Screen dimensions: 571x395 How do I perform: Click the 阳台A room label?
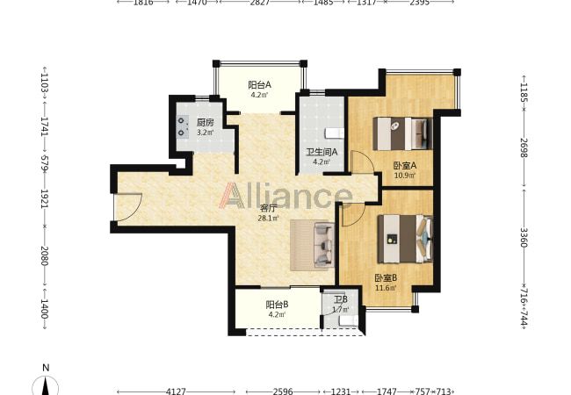[x=260, y=85]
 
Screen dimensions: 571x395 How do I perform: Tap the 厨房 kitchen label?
[x=205, y=123]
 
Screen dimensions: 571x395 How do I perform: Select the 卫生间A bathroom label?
[x=322, y=152]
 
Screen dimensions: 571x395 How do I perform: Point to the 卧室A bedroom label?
[x=405, y=166]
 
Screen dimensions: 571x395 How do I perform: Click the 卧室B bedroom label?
[x=386, y=278]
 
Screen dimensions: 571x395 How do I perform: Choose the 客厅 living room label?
[x=269, y=209]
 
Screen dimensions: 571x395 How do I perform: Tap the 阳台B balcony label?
[x=277, y=305]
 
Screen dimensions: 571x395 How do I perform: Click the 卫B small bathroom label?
[x=341, y=299]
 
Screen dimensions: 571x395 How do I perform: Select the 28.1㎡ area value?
[x=269, y=219]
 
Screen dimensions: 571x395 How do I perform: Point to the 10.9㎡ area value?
[x=405, y=176]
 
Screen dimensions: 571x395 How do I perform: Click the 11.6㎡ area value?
[x=386, y=288]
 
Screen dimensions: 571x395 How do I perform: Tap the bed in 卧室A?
[x=403, y=133]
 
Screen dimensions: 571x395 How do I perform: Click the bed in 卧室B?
[x=405, y=239]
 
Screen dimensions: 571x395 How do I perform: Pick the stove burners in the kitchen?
[x=182, y=127]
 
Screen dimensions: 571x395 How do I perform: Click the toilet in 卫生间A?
[x=334, y=133]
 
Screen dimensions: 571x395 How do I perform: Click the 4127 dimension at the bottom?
[x=176, y=391]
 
